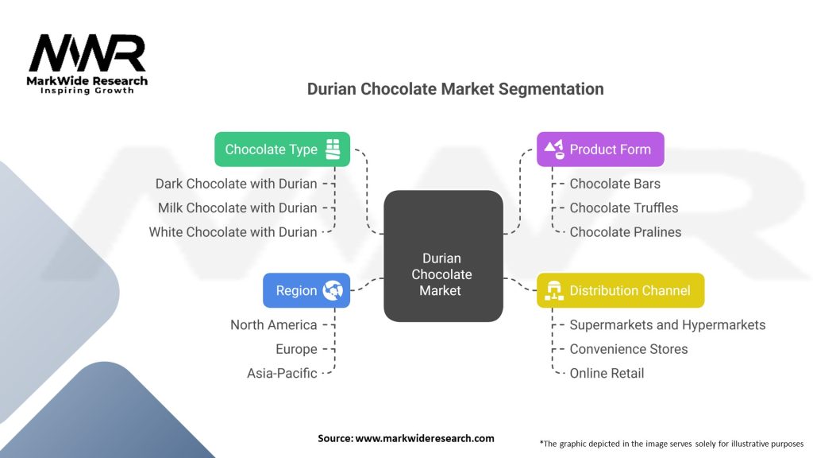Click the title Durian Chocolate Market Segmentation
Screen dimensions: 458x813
pos(455,89)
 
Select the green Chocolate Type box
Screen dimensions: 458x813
pos(282,149)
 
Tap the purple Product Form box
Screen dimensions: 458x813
pos(600,149)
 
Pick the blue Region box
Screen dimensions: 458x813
pos(306,291)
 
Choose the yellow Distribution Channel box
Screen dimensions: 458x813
pos(620,291)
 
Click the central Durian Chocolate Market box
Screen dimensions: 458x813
pos(443,256)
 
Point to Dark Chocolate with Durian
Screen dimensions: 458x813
pos(236,184)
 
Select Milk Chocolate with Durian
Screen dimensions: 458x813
pos(237,208)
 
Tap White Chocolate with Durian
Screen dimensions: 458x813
pos(233,232)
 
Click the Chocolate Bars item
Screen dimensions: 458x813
pos(615,184)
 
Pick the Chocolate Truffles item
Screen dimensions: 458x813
pos(624,208)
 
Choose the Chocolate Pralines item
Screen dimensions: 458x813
pos(625,232)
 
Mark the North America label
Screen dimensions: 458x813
pos(273,324)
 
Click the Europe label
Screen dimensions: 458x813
pos(296,349)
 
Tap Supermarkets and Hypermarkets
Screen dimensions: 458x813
pos(667,324)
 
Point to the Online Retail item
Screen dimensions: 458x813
pos(607,373)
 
